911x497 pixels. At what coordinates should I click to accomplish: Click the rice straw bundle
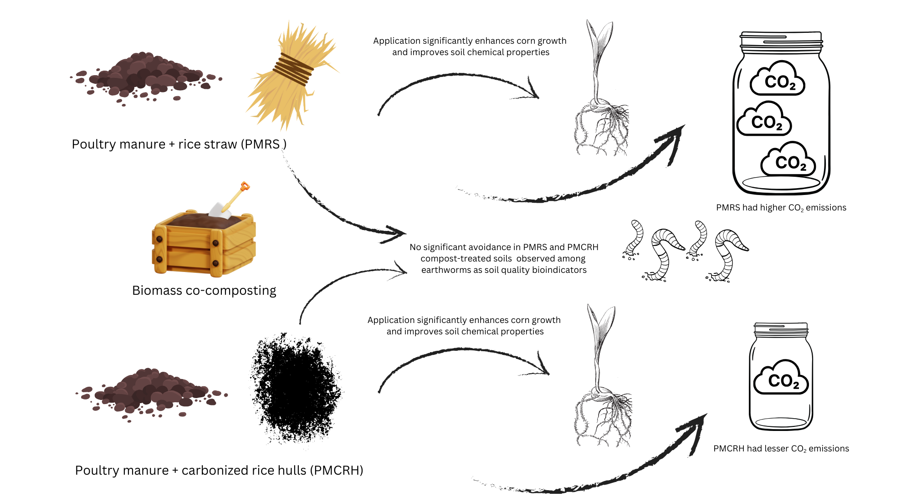tap(292, 75)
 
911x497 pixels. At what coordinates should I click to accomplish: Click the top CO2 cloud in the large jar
tap(778, 80)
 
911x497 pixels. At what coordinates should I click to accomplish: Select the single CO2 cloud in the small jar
tap(781, 379)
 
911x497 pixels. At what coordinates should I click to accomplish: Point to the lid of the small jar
tap(781, 329)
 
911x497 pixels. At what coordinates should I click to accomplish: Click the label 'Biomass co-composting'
tap(204, 291)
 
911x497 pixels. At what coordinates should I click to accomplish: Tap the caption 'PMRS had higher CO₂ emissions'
tap(781, 208)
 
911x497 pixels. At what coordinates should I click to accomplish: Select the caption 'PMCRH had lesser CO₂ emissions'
tap(781, 449)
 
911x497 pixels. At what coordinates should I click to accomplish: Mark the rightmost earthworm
tap(729, 253)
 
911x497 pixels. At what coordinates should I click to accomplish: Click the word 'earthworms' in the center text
tap(451, 270)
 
